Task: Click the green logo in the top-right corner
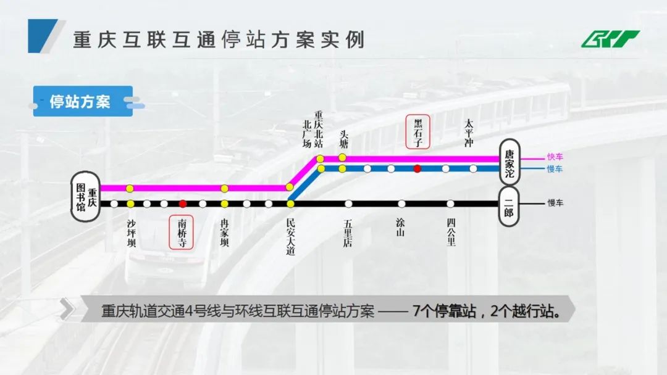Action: [609, 39]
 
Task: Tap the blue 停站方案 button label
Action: [80, 101]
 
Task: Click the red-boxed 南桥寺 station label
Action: [182, 231]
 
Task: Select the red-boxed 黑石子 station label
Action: [418, 132]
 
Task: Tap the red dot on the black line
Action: [183, 204]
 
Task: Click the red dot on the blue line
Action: [417, 168]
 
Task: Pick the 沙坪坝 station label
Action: [131, 233]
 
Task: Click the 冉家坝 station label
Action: [224, 233]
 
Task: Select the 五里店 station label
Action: [348, 233]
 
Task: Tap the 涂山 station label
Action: [401, 228]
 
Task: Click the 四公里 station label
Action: [451, 233]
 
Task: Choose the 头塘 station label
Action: [343, 138]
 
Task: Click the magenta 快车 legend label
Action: [555, 157]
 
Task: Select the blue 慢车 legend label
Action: [555, 169]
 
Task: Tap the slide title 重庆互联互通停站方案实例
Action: [219, 39]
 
